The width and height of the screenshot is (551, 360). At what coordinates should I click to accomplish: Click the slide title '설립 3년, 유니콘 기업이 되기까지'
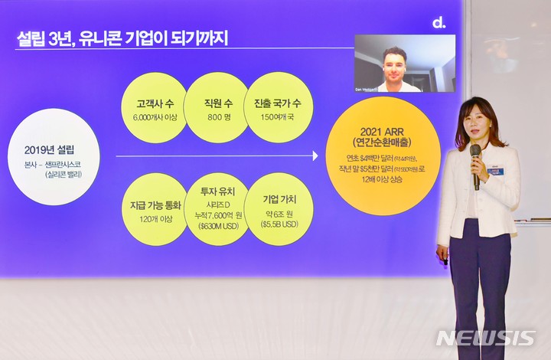coord(122,39)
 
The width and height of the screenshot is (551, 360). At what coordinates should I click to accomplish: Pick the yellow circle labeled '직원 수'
coord(216,108)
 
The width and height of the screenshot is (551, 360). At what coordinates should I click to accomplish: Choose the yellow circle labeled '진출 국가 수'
coord(278,108)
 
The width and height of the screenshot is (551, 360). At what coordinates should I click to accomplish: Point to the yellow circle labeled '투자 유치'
coord(216,209)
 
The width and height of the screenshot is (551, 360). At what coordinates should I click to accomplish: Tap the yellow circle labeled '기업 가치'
coord(279,209)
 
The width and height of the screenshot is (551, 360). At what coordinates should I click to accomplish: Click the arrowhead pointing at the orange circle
coord(315,156)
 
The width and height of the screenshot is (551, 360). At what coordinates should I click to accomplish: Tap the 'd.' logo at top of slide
coord(439,23)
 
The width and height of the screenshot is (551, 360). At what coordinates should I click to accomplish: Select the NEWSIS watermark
coord(485,338)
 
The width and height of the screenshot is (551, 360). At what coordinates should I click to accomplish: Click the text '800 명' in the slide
coord(216,118)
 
